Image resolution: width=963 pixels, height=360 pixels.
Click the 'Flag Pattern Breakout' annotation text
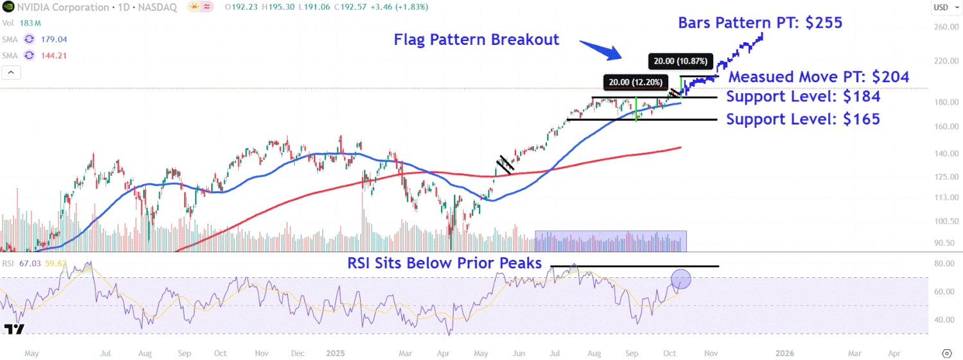(x=476, y=39)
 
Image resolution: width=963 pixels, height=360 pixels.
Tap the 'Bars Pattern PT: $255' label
(x=760, y=23)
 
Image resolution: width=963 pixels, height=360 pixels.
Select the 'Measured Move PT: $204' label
(x=819, y=77)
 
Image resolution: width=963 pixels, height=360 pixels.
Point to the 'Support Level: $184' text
(x=803, y=97)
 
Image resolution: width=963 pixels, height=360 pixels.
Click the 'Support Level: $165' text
(x=803, y=119)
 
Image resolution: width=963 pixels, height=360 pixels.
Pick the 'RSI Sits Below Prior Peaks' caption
(x=444, y=262)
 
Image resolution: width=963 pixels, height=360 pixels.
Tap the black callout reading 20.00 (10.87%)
(x=681, y=62)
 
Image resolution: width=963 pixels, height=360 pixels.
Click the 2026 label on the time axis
(x=785, y=353)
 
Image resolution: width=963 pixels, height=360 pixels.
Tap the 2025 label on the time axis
(x=336, y=353)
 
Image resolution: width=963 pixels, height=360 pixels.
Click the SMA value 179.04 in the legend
(x=54, y=39)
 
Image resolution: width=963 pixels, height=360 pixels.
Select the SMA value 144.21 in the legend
(x=54, y=55)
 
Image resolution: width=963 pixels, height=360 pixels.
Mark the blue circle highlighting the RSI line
(x=681, y=279)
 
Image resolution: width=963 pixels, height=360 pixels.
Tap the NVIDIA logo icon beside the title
(x=8, y=7)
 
